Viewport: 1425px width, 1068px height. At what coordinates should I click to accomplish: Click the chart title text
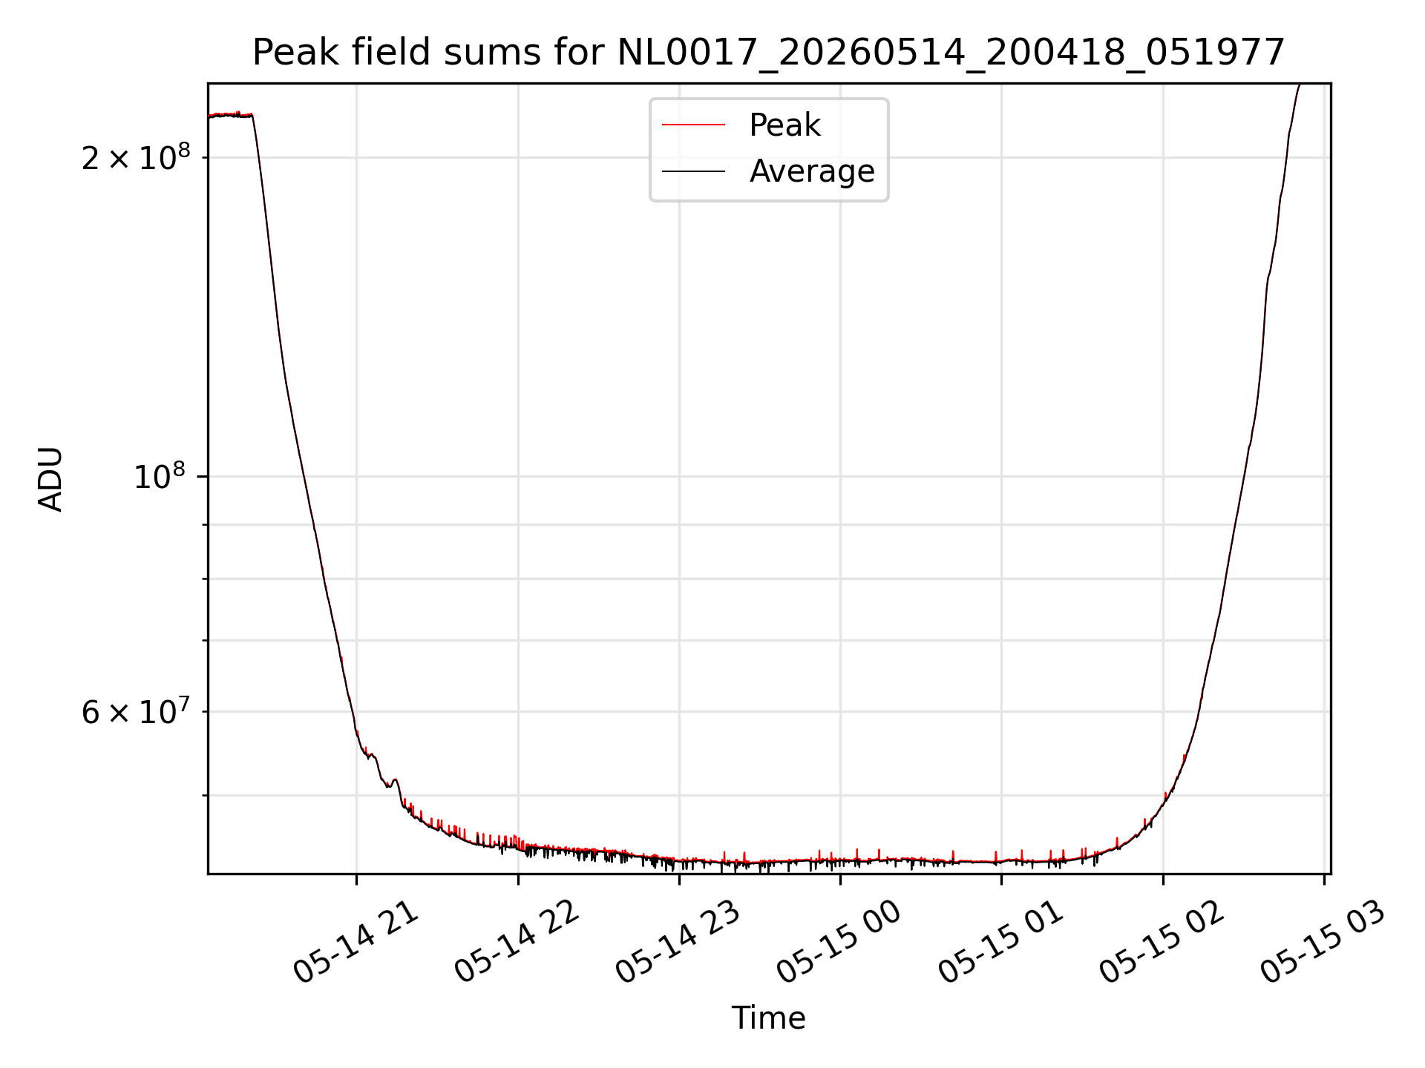[x=768, y=53]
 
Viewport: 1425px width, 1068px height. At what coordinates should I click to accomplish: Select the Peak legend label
[x=784, y=125]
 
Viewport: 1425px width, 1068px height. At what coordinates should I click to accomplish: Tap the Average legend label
[x=812, y=171]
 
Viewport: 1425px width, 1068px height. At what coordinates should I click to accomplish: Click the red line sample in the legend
[x=693, y=125]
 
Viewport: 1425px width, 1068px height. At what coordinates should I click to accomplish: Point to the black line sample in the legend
[x=693, y=171]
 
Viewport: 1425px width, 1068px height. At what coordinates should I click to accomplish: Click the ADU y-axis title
[x=50, y=479]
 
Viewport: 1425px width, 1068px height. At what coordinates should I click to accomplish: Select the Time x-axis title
[x=768, y=1018]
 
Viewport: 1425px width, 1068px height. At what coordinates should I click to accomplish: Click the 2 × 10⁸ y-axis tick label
[x=136, y=156]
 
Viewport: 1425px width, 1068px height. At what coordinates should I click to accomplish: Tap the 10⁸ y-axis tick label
[x=162, y=476]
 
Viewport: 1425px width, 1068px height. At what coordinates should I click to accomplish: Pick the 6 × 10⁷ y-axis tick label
[x=136, y=711]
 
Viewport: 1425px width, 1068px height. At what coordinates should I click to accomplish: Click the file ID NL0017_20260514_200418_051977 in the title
[x=951, y=53]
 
